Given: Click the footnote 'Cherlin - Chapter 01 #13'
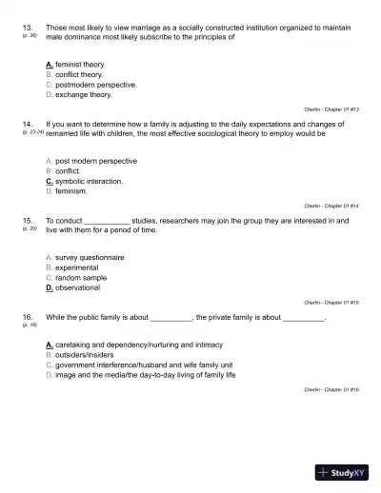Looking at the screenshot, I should point(331,109).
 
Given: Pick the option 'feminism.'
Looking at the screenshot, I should point(71,190).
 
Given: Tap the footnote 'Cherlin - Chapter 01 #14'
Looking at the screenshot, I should point(331,206).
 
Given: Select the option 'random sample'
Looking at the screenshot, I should point(81,277).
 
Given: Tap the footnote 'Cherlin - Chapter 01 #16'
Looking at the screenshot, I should point(331,389).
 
